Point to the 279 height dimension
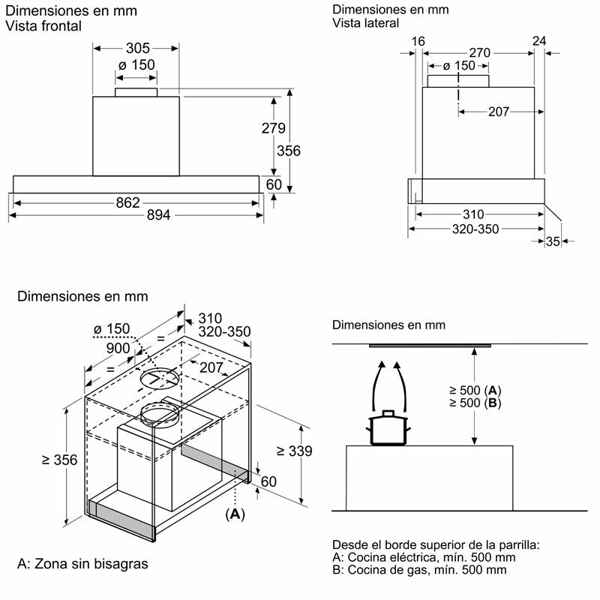pos(273,128)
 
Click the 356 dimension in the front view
pos(288,151)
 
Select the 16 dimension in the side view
pos(418,40)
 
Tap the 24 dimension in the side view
pos(539,40)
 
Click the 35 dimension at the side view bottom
pos(553,241)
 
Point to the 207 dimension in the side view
pos(498,112)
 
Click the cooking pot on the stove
pos(388,428)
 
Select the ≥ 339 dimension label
pos(294,451)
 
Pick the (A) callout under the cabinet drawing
pos(235,514)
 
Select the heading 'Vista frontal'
pos(43,26)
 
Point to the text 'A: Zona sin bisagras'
pos(82,563)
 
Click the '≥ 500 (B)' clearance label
pos(475,403)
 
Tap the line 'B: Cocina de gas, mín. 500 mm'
pos(418,570)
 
